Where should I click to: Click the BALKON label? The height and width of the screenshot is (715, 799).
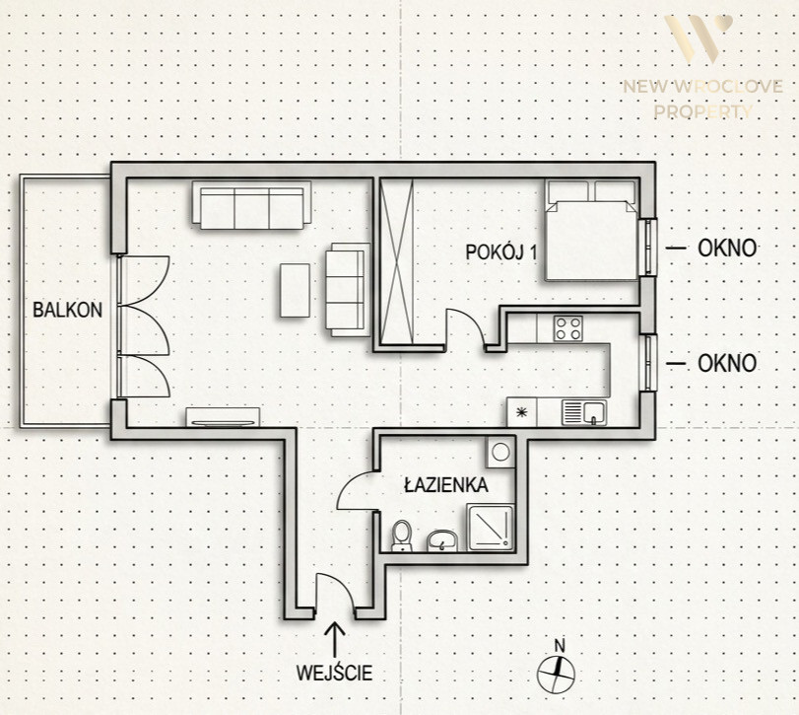(x=67, y=310)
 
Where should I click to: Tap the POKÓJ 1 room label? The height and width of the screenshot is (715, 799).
(x=501, y=251)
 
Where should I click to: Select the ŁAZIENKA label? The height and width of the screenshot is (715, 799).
(x=446, y=484)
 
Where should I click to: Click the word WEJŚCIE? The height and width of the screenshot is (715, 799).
(x=334, y=673)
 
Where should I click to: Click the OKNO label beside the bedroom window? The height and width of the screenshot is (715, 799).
(x=727, y=249)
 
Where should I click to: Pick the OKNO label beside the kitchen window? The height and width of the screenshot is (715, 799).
(x=727, y=364)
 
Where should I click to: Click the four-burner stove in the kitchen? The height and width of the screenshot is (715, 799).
(x=568, y=328)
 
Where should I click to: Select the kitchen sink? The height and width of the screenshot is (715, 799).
(x=584, y=412)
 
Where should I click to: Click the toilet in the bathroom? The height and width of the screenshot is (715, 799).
(x=402, y=536)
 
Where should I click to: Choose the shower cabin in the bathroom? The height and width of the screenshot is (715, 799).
(x=491, y=528)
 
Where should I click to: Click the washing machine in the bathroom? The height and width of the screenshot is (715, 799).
(x=500, y=452)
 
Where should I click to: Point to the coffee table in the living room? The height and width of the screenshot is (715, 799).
(x=295, y=290)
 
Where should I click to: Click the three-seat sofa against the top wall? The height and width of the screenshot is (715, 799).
(x=252, y=205)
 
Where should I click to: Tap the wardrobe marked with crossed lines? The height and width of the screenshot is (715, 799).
(x=396, y=261)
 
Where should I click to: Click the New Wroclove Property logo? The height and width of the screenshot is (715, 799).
(x=702, y=67)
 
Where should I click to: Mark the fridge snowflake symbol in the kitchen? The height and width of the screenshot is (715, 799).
(x=522, y=412)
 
